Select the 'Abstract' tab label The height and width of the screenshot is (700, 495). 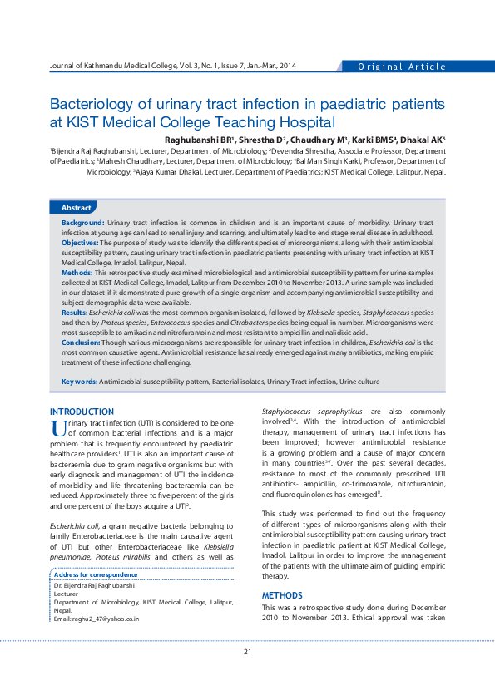click(x=77, y=208)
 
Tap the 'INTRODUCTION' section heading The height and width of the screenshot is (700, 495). click(x=82, y=412)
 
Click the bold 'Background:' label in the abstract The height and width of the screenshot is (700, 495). click(x=82, y=224)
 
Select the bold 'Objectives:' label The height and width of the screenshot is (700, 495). click(x=80, y=243)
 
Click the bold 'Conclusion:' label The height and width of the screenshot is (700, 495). click(x=81, y=343)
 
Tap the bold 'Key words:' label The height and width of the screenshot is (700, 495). click(x=79, y=382)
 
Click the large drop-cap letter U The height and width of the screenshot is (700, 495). click(x=57, y=429)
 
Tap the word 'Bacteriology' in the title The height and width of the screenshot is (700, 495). click(x=100, y=105)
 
